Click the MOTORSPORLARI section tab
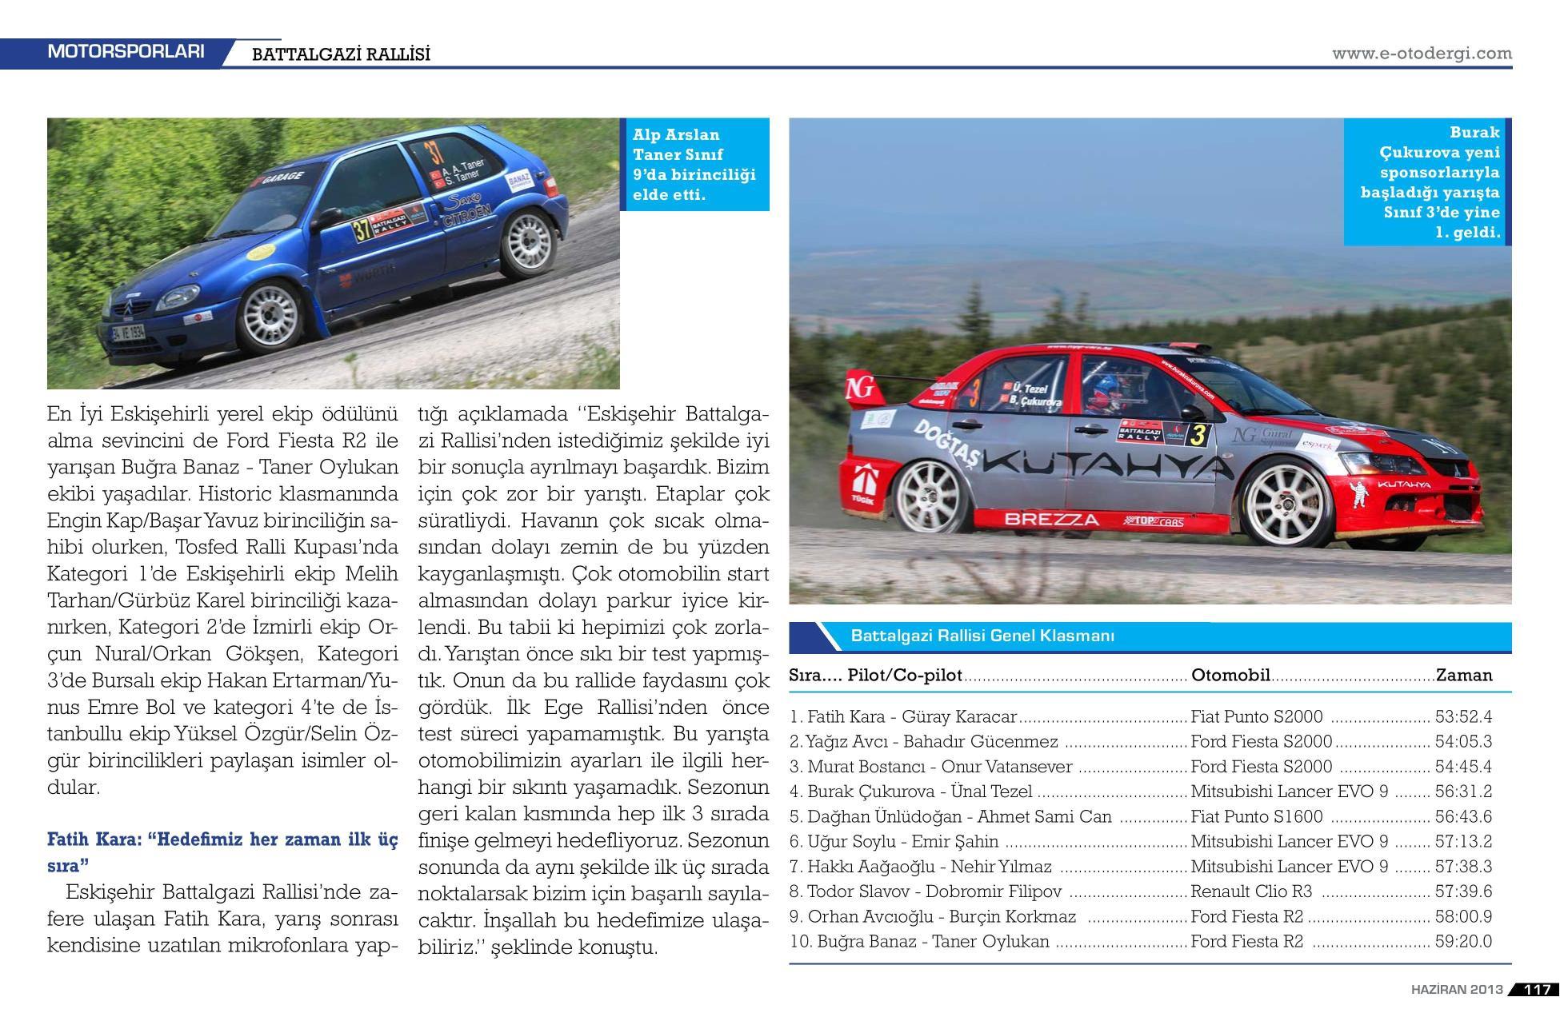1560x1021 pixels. (126, 52)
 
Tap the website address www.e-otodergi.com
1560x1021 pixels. (1422, 54)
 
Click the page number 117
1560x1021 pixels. (1537, 989)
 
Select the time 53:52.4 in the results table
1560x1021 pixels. (1463, 717)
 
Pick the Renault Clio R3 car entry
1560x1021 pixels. (1251, 891)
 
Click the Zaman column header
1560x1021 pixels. (1464, 675)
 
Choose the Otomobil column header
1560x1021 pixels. (1230, 675)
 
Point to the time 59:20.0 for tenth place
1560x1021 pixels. (1463, 942)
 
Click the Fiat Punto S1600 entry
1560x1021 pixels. (1256, 816)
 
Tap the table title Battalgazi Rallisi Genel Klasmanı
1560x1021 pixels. (982, 636)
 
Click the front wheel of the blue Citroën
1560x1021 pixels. (270, 315)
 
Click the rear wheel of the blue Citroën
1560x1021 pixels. (526, 243)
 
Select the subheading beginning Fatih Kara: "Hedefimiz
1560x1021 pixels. (222, 852)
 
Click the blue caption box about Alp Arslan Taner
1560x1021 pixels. (694, 165)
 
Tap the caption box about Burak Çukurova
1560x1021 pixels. (1429, 182)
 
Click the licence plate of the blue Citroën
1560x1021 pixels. (128, 332)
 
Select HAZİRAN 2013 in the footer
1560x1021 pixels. (1457, 989)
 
